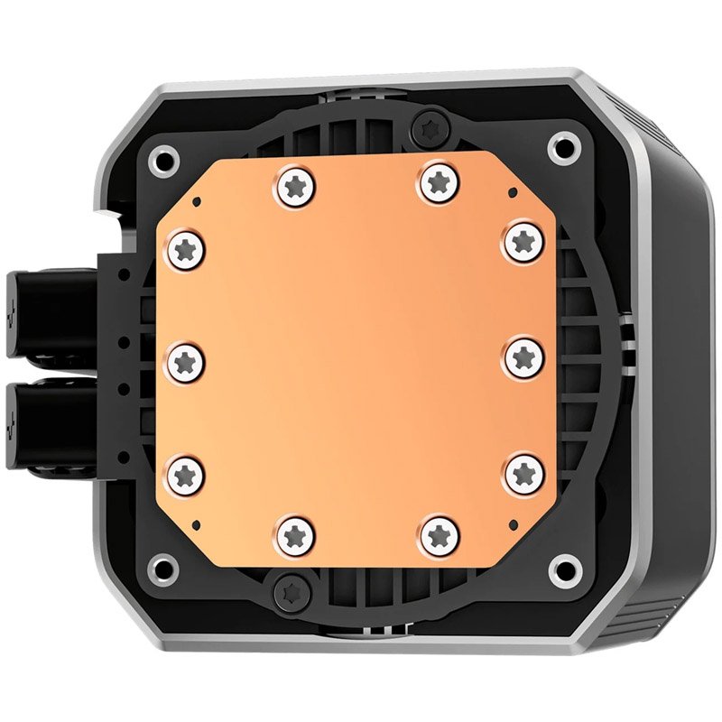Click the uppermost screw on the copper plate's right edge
pos(523,241)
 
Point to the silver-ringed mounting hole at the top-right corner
pos(565,146)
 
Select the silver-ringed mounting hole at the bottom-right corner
pos(565,569)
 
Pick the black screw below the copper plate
pos(292,590)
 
